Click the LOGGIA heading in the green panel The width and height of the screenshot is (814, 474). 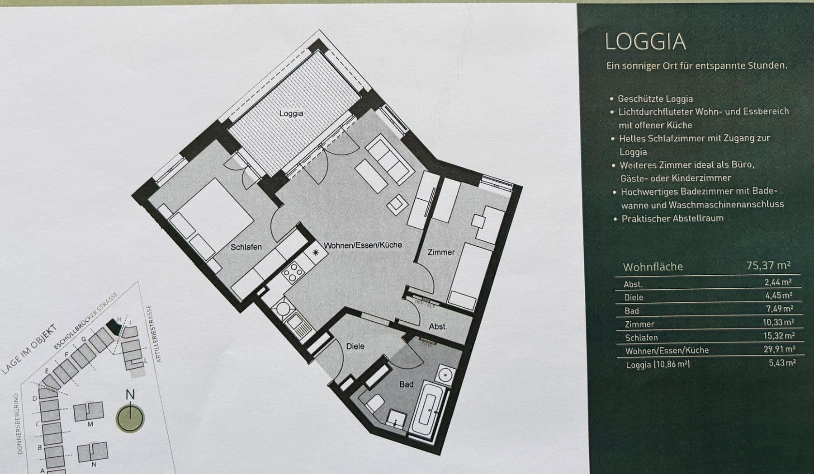point(645,42)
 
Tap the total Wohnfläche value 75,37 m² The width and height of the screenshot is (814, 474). point(768,265)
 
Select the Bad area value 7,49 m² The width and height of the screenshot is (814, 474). point(779,309)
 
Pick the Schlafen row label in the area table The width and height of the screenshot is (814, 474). point(641,338)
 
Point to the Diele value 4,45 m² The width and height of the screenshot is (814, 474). point(778,296)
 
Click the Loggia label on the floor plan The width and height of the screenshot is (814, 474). point(291,113)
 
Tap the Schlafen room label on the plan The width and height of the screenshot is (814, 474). point(246,247)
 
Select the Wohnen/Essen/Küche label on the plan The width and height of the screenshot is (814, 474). point(363,245)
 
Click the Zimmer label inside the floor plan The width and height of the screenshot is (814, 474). point(441,252)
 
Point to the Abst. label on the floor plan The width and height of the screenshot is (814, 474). point(437,326)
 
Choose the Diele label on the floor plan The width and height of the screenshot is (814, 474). point(355,346)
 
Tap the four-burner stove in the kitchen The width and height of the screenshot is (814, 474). point(293,271)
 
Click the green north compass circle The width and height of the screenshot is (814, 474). point(130,418)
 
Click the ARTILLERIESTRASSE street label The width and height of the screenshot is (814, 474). point(153,333)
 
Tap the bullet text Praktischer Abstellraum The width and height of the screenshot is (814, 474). point(672,219)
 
